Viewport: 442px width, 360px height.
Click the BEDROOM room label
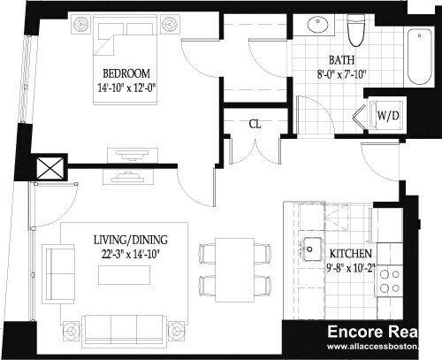(126, 73)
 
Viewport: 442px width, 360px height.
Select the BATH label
(341, 60)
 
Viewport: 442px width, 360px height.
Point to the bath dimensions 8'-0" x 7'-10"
(342, 74)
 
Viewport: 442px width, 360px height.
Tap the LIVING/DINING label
(130, 240)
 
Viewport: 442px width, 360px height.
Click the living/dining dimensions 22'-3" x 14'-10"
(130, 254)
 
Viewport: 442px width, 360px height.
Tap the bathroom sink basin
(315, 25)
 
